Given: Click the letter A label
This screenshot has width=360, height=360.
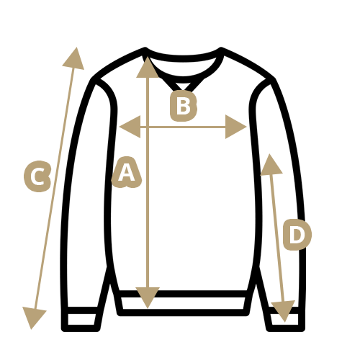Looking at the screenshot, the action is tap(127, 172).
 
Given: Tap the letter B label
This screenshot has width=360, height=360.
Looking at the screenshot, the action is tap(184, 106).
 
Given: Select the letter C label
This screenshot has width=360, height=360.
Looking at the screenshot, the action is tap(37, 176).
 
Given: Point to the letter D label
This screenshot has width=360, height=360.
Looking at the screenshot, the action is tap(297, 235).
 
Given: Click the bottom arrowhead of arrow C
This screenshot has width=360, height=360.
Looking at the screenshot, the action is tap(33, 317).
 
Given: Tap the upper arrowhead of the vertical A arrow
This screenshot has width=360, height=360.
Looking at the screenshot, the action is tap(148, 68).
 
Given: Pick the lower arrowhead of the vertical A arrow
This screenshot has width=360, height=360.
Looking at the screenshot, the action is tap(148, 297).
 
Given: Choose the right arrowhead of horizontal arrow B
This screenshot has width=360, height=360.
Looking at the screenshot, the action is tap(235, 127).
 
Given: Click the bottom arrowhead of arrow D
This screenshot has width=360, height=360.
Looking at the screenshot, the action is tap(284, 310).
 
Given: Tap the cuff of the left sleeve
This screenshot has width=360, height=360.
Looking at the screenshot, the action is tap(81, 319).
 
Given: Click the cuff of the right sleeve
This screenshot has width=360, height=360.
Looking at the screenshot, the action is tap(285, 319).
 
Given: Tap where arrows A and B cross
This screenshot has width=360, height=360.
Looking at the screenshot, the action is tap(148, 127).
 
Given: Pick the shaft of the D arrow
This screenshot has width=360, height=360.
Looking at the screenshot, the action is tap(277, 238).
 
